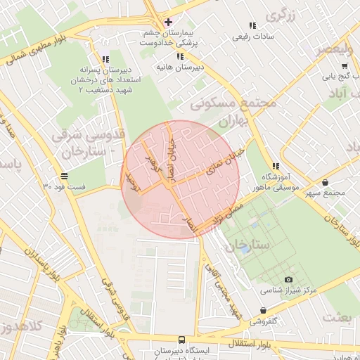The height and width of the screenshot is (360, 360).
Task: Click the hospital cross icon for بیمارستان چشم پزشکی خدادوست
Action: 168,21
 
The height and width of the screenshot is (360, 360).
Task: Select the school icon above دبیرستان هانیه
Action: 180,56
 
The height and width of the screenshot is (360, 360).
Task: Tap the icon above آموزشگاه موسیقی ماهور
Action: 276,167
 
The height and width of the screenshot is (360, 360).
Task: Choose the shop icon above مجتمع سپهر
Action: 324,182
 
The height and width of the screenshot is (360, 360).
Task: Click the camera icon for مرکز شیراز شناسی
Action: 289,279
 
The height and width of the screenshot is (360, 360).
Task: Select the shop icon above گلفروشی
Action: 263,310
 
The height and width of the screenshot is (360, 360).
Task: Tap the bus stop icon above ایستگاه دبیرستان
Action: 182,339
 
